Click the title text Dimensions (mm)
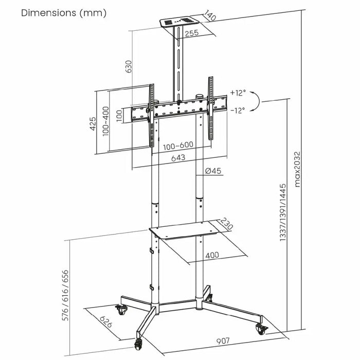pos(64,13)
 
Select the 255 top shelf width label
pos(192,33)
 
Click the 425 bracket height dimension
pos(93,123)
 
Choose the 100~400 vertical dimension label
pos(106,121)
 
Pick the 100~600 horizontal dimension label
pos(178,145)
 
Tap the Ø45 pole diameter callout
pos(213,171)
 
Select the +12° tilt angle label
pos(238,93)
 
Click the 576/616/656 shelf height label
pos(65,295)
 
